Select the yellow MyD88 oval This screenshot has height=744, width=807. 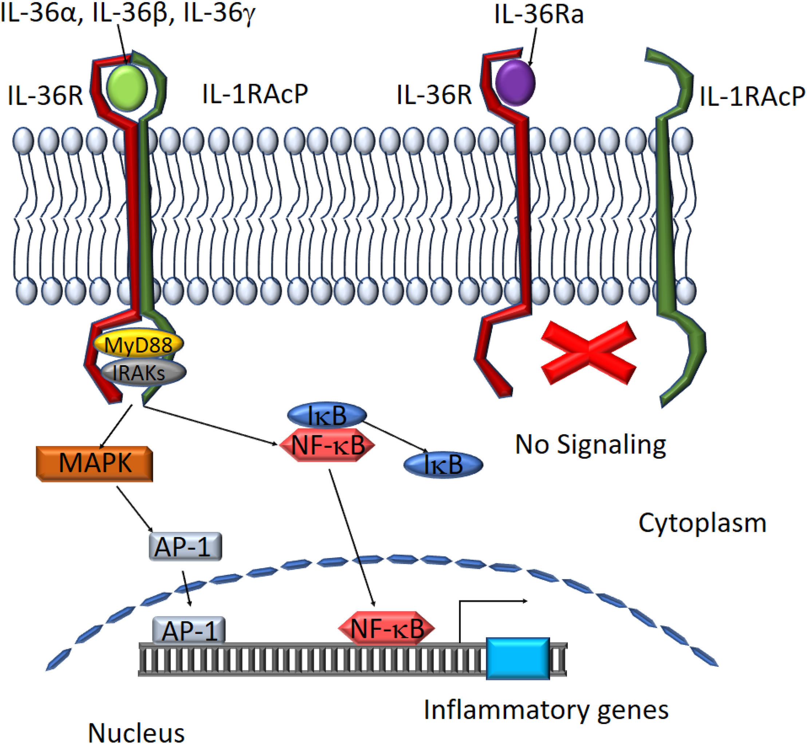pos(138,344)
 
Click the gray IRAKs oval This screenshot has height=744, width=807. pos(143,373)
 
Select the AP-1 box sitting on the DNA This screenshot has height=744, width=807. pos(188,630)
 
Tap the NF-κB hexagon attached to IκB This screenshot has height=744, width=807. pos(327,445)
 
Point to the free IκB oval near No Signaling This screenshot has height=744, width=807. pos(443,465)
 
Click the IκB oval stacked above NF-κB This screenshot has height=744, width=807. pos(326,415)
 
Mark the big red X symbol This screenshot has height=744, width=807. pos(588,353)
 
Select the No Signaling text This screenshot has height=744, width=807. pos(590,445)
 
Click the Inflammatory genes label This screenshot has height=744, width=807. pos(546,710)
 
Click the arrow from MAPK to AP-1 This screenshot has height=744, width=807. pos(135,509)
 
